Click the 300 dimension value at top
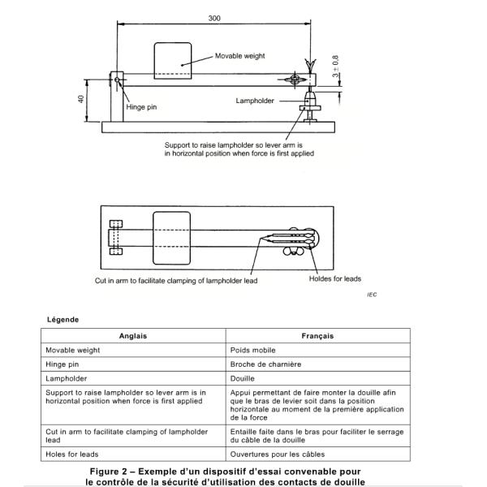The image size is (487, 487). coord(213,17)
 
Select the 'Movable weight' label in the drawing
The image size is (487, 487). coord(242,56)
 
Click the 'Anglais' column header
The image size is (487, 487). coord(134,335)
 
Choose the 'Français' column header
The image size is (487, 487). coord(319,335)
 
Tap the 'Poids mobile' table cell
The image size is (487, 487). coord(255,350)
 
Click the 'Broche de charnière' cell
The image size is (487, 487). coord(267,364)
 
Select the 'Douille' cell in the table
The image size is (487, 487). coord(244,378)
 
